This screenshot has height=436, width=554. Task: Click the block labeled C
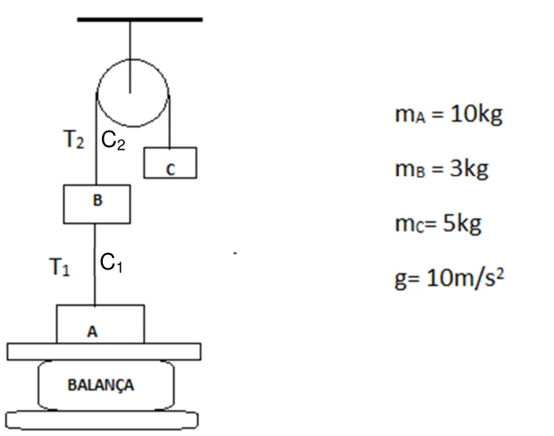(171, 162)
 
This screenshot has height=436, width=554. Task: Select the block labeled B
(97, 204)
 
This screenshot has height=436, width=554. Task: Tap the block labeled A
(100, 324)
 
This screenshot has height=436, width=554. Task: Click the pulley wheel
(133, 92)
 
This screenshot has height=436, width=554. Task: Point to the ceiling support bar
(140, 20)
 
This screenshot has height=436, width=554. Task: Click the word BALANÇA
(101, 385)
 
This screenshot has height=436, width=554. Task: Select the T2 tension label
(74, 139)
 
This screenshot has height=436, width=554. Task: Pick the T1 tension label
(60, 267)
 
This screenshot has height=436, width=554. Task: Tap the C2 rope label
(113, 140)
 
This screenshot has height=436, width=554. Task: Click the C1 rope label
(111, 262)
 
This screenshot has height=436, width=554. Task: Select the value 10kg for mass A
(476, 114)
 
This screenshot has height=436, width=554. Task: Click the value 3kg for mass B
(469, 169)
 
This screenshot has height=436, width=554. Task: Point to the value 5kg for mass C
(462, 224)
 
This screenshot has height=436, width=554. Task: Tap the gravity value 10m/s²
(465, 278)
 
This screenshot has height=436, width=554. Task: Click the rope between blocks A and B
(95, 265)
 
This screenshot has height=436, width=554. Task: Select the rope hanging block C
(170, 122)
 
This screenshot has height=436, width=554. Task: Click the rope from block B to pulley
(96, 139)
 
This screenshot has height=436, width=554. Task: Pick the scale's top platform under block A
(104, 352)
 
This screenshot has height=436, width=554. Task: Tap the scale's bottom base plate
(102, 420)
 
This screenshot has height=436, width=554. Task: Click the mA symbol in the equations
(410, 114)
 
